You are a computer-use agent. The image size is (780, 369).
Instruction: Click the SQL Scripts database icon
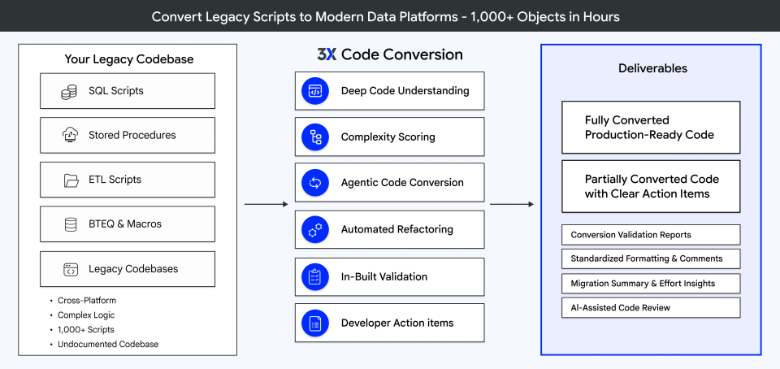[69, 92]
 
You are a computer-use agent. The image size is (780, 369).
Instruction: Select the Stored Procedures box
[128, 136]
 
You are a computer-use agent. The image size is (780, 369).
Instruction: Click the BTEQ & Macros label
[126, 224]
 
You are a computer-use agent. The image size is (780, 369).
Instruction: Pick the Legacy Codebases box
[128, 269]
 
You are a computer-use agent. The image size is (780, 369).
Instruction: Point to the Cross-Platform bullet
[86, 301]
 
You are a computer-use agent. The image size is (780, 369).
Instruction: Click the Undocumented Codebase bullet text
[108, 344]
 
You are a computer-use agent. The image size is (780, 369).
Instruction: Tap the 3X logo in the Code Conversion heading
[327, 55]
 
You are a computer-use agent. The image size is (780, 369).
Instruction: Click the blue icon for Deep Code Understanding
[314, 91]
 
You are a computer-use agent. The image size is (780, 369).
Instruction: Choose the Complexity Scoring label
[388, 137]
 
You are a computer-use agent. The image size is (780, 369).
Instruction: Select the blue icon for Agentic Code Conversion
[314, 183]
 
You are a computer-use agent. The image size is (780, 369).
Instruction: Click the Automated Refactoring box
[390, 230]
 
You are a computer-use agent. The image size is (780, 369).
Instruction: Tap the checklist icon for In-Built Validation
[314, 276]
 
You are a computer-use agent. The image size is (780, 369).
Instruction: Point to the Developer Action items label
[397, 323]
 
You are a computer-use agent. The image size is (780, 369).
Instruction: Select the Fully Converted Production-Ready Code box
[651, 128]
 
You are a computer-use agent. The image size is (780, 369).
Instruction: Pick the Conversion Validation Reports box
[651, 235]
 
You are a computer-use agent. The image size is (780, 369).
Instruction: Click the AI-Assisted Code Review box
[651, 307]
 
